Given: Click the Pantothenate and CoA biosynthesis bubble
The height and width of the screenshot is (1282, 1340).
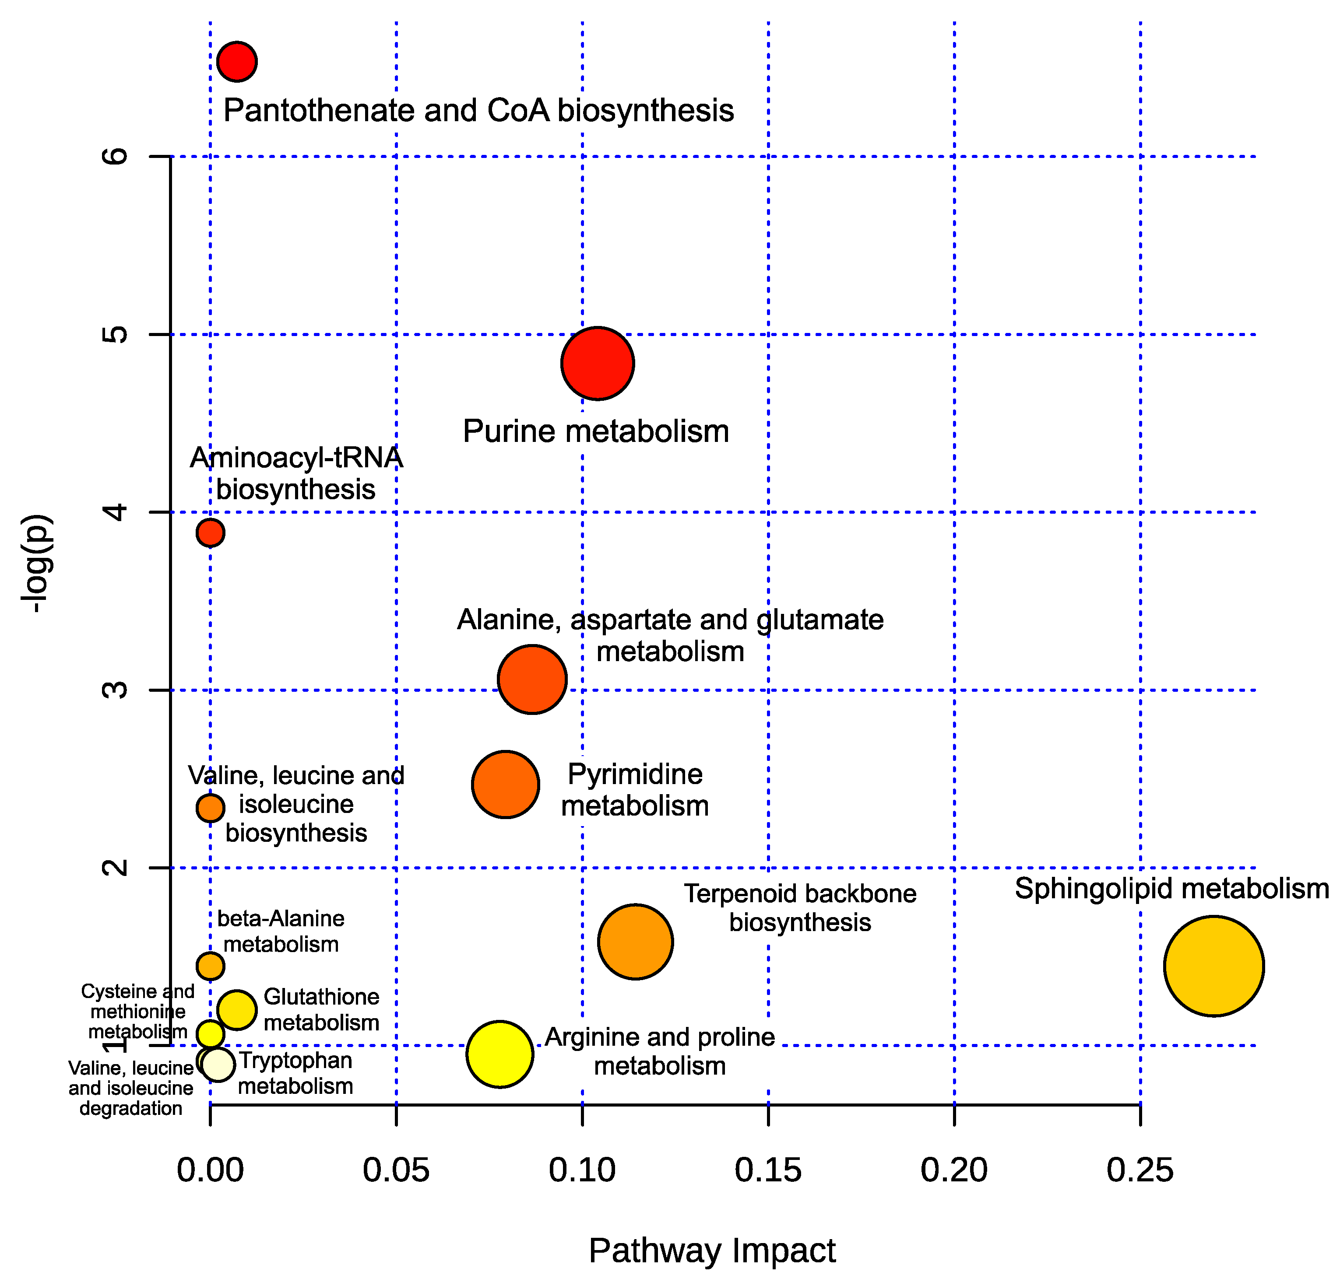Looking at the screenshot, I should (236, 62).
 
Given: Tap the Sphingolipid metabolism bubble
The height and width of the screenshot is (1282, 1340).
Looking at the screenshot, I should (1213, 966).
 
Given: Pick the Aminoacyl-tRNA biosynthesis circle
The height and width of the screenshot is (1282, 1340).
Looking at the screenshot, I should (211, 532).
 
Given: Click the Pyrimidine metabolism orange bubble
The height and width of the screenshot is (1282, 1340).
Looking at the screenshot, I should (505, 785).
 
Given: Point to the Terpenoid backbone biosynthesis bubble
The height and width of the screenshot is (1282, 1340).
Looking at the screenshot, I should (635, 942).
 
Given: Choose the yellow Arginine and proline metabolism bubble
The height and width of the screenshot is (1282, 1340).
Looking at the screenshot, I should (500, 1054).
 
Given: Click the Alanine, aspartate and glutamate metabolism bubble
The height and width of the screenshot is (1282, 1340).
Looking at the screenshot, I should (532, 679).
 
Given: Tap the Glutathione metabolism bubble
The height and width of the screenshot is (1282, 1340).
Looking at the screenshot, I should (236, 1009).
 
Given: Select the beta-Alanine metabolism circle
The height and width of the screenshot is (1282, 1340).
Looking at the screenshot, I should (211, 966).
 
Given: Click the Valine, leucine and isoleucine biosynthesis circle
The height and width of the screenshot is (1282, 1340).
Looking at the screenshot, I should (211, 808).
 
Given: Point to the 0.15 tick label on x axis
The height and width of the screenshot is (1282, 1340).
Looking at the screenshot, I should (768, 1170).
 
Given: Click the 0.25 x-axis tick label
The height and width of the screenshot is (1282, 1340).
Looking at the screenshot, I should (1140, 1170).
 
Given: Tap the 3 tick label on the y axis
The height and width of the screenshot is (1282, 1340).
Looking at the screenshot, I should (115, 690).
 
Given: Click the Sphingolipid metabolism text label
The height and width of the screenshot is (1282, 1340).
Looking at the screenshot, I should (1171, 888).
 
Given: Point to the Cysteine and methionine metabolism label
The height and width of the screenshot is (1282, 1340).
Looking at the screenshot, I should (137, 1012).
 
